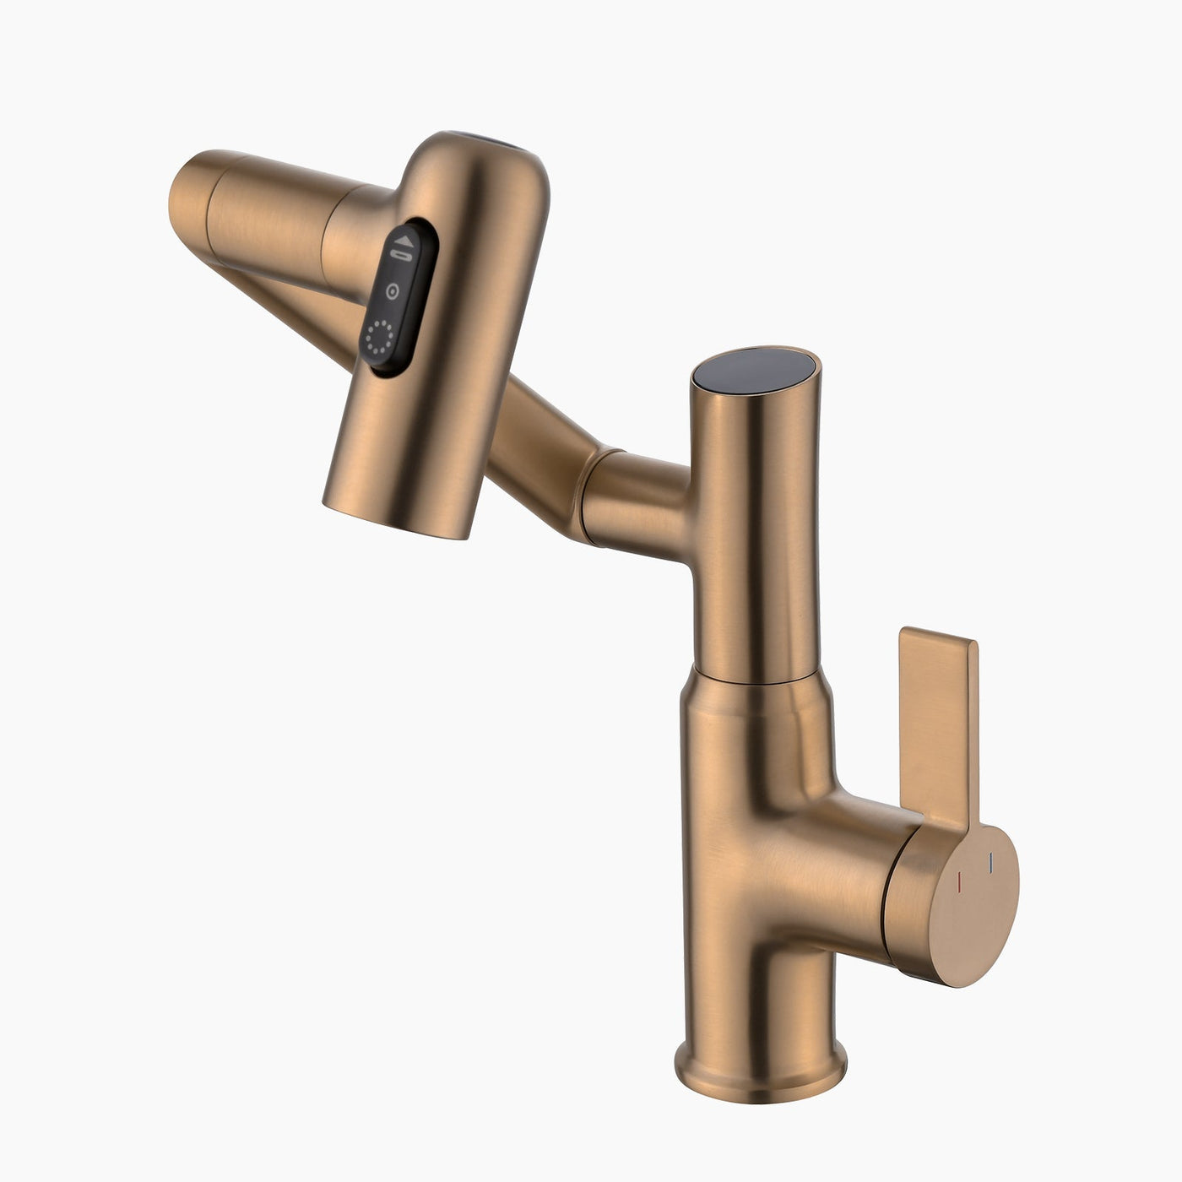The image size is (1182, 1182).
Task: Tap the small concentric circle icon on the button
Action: [x=392, y=291]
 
